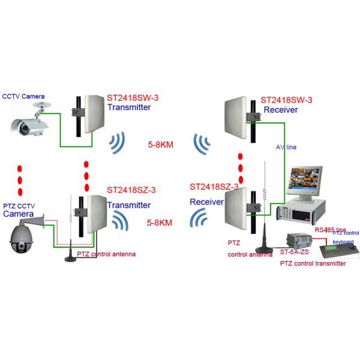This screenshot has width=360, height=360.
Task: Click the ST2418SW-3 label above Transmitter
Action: click(133, 97)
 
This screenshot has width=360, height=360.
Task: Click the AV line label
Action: click(286, 147)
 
